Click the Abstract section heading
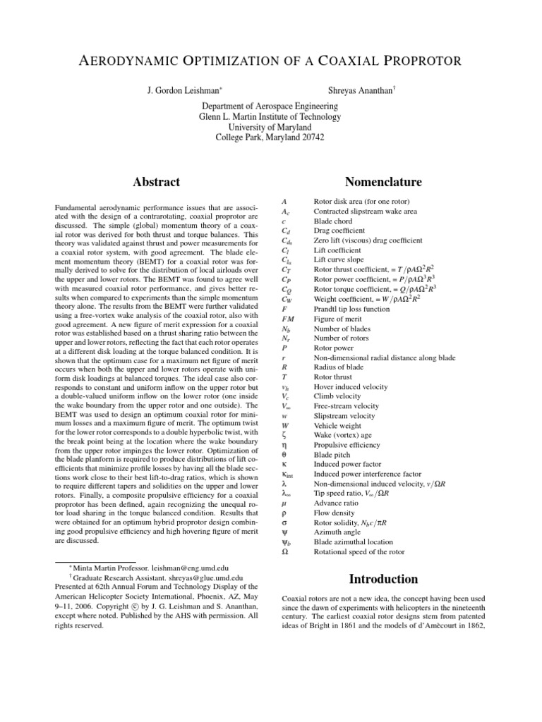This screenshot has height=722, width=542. coord(156,182)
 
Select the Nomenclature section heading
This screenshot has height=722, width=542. coord(385,182)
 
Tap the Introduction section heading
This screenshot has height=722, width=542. coord(383,580)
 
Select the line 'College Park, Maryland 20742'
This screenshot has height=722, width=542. coord(270,137)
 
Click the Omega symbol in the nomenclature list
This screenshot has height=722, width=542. coord(284,551)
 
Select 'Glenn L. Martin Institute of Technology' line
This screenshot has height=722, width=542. coord(270,117)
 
